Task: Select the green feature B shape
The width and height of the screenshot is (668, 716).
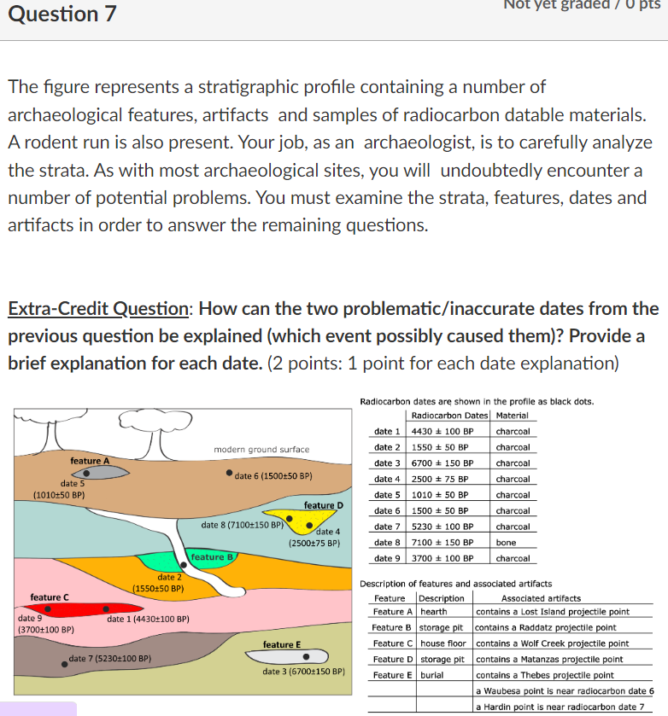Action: pos(191,560)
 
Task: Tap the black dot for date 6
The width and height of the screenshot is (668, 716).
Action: pos(230,474)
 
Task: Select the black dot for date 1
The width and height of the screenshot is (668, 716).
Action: pos(105,609)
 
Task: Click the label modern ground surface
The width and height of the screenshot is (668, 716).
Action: pos(261,449)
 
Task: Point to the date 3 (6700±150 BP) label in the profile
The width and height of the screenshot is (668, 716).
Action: pos(303,672)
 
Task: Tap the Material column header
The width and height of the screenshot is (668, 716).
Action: pos(512,416)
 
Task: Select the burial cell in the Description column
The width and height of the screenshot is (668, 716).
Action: pos(432,675)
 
